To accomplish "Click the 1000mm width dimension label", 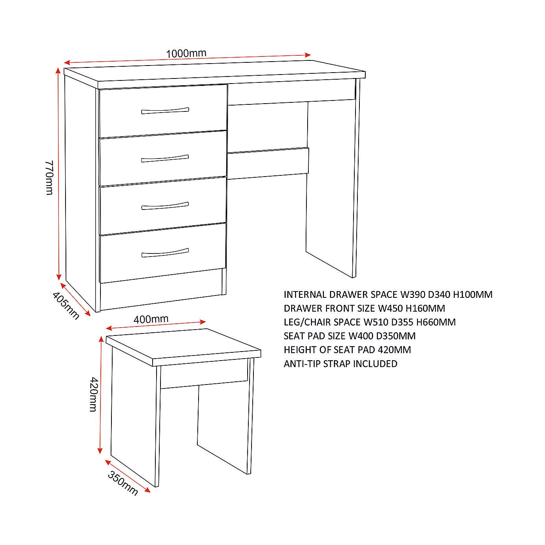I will click(x=186, y=53).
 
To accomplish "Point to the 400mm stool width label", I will click(x=151, y=319).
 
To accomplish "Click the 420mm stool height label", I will click(x=93, y=394).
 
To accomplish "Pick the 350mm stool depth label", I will click(x=123, y=483).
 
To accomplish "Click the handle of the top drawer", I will click(x=165, y=111).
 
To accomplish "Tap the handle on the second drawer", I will click(x=165, y=159).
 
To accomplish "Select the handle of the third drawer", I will click(x=165, y=206).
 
